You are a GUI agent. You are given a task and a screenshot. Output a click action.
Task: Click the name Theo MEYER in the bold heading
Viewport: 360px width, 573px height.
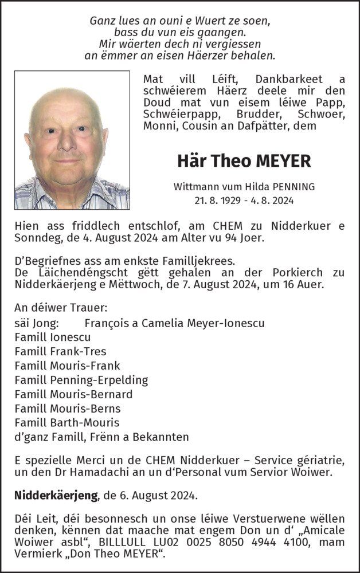point(259,161)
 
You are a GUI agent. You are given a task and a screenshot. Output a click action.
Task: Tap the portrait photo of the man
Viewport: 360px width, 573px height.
point(72,140)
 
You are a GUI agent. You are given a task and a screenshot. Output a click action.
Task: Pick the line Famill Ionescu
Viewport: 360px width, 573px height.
point(52,337)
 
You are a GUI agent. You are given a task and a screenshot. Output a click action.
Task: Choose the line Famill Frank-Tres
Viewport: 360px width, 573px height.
point(60,351)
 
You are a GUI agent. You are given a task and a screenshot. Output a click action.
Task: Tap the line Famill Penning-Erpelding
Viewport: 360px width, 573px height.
point(81,380)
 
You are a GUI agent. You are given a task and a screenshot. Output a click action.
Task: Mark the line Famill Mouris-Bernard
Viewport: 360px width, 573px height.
point(73,394)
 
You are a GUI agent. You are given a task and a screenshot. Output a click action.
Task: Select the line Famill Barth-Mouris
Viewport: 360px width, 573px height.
point(67,423)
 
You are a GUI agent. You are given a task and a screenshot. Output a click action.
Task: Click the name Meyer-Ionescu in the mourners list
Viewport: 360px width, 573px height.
point(226,323)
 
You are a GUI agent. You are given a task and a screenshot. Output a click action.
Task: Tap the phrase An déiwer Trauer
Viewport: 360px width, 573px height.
point(61,308)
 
